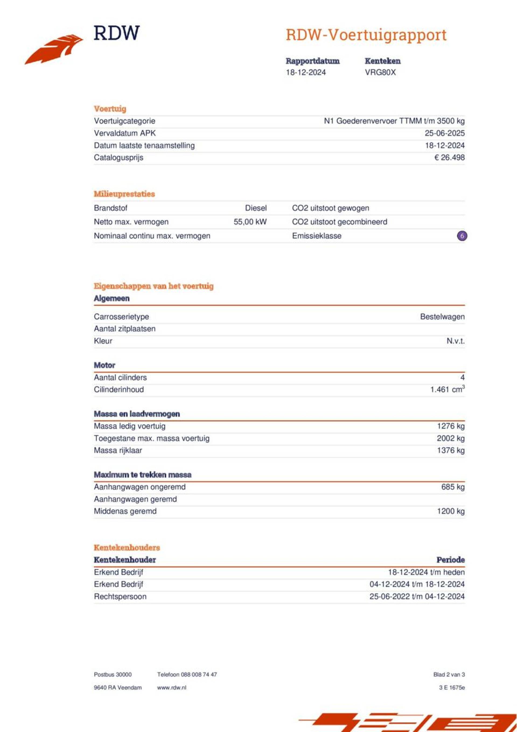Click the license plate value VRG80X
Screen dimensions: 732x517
(380, 72)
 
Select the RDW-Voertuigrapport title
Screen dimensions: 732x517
(366, 35)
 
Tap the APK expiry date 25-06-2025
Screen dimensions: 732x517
(444, 133)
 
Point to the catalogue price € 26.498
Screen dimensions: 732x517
(449, 157)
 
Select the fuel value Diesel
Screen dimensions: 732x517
(256, 208)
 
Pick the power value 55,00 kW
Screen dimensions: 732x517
(250, 222)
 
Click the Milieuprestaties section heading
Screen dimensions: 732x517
(124, 194)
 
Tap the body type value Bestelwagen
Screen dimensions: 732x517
(442, 317)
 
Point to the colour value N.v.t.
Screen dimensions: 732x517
(455, 341)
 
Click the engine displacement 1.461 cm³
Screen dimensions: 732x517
(447, 389)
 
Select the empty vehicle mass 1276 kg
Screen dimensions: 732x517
(451, 426)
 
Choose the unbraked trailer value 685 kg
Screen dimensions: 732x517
(453, 487)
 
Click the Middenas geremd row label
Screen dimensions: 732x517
(125, 511)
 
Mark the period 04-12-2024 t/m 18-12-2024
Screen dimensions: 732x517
(417, 584)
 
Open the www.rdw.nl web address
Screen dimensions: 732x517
(172, 688)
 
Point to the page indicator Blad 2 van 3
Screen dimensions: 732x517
(449, 675)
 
